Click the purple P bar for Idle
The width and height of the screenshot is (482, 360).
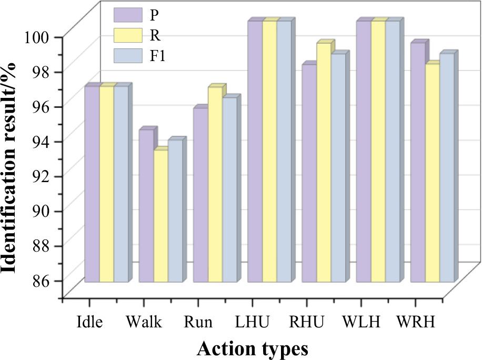pos(92,184)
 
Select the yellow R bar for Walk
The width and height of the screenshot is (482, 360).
pos(160,216)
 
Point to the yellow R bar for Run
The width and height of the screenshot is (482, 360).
pos(215,185)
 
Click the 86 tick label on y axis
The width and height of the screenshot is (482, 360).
pos(42,280)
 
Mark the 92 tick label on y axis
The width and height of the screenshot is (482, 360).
pos(42,176)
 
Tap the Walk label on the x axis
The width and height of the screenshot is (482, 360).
pos(144,322)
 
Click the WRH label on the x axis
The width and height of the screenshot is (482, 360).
pos(415,322)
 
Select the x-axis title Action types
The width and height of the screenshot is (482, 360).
pos(253,348)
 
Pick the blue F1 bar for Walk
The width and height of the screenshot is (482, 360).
pos(175,211)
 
